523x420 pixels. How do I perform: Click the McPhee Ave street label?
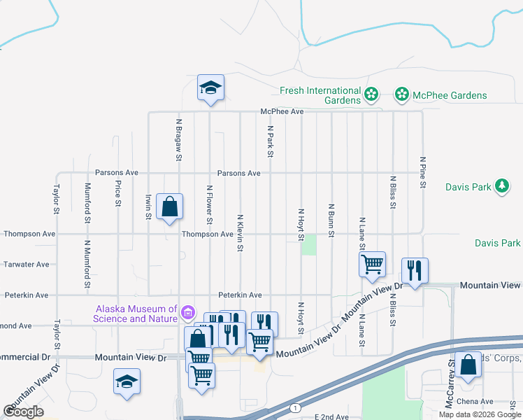coord(282,111)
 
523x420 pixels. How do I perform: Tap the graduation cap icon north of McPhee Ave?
coord(210,88)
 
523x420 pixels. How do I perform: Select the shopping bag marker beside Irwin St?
coord(169,207)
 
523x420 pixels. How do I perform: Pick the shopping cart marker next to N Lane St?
coord(372,265)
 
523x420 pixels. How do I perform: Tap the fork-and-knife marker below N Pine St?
coord(415,271)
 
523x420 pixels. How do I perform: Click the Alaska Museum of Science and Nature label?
coord(136,314)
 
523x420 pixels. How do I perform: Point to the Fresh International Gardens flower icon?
coord(371,94)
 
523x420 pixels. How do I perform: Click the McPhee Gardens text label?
coord(450,95)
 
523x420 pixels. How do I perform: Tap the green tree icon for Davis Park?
coord(501,186)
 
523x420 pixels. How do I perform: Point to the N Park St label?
coord(269,141)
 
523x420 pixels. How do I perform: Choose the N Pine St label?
coord(422,171)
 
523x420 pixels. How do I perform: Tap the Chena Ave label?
coord(475,402)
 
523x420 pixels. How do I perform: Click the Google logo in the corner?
coord(24,412)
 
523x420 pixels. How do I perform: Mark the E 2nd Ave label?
coord(331,416)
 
